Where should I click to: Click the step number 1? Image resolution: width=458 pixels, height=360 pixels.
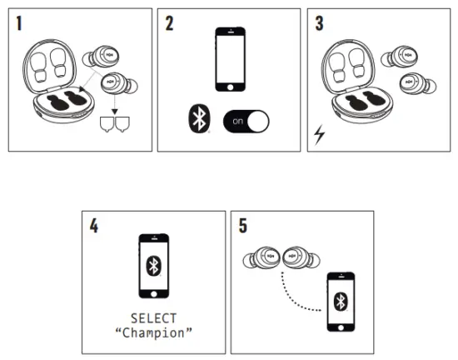tap(20, 22)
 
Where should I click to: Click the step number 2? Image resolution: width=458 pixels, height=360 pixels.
tap(171, 22)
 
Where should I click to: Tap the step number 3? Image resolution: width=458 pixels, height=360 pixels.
tap(320, 22)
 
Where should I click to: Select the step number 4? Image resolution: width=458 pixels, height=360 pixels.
tap(95, 226)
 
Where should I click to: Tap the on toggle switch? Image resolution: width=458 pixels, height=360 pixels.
tap(247, 121)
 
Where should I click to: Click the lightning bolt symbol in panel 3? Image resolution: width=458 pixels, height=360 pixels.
tap(320, 133)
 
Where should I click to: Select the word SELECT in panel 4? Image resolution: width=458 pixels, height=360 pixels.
tap(153, 318)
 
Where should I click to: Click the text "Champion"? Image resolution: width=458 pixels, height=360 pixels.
tap(153, 332)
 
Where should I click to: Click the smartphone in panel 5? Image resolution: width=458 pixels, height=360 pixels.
tap(340, 300)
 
